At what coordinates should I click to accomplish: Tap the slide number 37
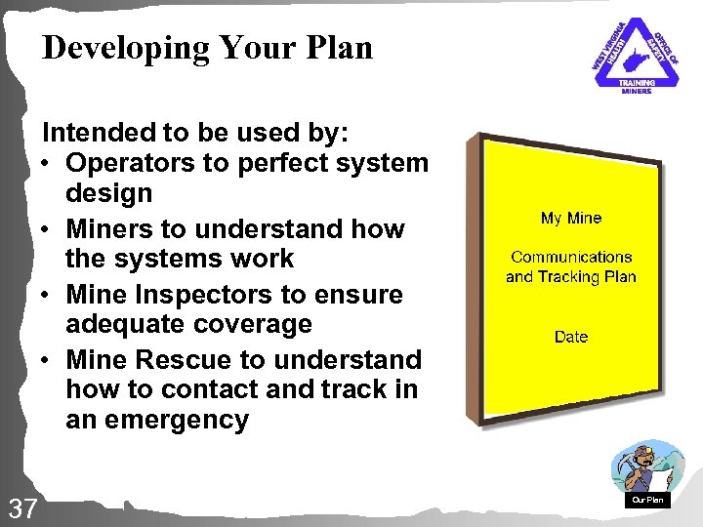tap(21, 507)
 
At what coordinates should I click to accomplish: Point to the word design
tap(108, 193)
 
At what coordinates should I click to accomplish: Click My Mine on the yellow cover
tap(571, 219)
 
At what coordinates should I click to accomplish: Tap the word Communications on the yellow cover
tap(571, 258)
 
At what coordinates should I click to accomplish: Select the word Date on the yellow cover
tap(571, 337)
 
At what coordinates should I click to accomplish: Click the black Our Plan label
tap(647, 500)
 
